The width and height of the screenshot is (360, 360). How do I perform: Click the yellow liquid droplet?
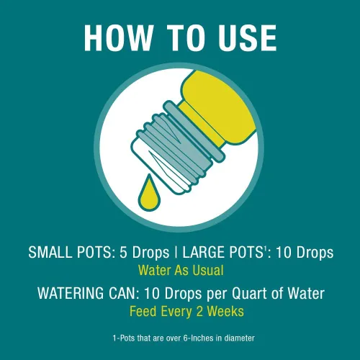click(x=149, y=193)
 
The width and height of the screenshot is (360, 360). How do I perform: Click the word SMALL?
click(x=50, y=253)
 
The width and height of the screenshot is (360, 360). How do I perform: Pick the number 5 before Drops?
click(x=123, y=253)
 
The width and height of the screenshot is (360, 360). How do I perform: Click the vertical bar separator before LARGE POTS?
click(x=176, y=253)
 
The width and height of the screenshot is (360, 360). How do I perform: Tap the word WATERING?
click(x=71, y=293)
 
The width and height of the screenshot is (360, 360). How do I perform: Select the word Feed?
click(x=143, y=311)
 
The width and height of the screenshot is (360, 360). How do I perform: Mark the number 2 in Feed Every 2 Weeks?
click(x=199, y=311)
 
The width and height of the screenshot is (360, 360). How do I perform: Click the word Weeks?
click(x=225, y=311)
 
